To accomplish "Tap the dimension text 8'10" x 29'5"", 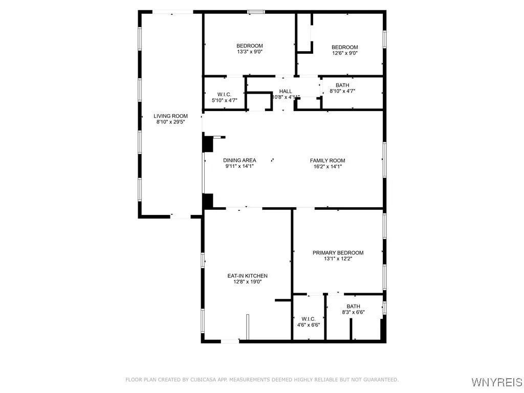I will (171, 123).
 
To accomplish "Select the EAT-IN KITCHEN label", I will (248, 276).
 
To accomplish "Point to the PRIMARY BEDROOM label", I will (338, 253).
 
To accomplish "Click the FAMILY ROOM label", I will (327, 161).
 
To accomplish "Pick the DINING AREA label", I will (239, 161).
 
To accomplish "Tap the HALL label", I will (286, 91).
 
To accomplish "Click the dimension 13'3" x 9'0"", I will (250, 52).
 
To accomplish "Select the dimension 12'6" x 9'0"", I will (344, 53).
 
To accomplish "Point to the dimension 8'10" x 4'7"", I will (342, 92).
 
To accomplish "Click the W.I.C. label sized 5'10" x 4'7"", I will (224, 95).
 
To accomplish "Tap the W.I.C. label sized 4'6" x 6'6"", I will (309, 319).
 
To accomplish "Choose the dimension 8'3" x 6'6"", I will (353, 312).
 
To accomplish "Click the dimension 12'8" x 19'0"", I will (248, 282).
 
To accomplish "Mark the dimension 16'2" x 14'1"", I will (327, 166).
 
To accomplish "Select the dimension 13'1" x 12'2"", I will (338, 259).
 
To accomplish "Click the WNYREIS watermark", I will (497, 382).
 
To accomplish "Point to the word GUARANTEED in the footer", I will (380, 380).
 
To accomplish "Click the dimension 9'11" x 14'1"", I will (239, 166).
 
